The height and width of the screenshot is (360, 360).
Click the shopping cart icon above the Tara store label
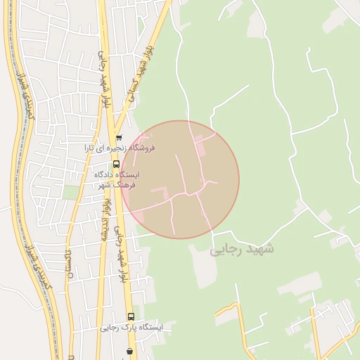(119, 138)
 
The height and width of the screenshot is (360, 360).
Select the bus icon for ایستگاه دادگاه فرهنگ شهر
(116, 164)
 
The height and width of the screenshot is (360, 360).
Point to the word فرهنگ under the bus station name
(124, 184)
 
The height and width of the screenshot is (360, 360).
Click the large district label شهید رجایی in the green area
(242, 249)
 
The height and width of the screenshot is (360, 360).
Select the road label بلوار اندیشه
(107, 218)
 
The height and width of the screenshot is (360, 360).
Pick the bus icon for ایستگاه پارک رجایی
(130, 316)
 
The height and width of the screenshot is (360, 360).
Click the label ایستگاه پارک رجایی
(130, 328)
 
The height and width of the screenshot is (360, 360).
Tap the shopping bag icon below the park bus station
(130, 350)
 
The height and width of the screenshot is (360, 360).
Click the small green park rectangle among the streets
(71, 192)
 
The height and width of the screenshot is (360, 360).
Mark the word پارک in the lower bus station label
(124, 328)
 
